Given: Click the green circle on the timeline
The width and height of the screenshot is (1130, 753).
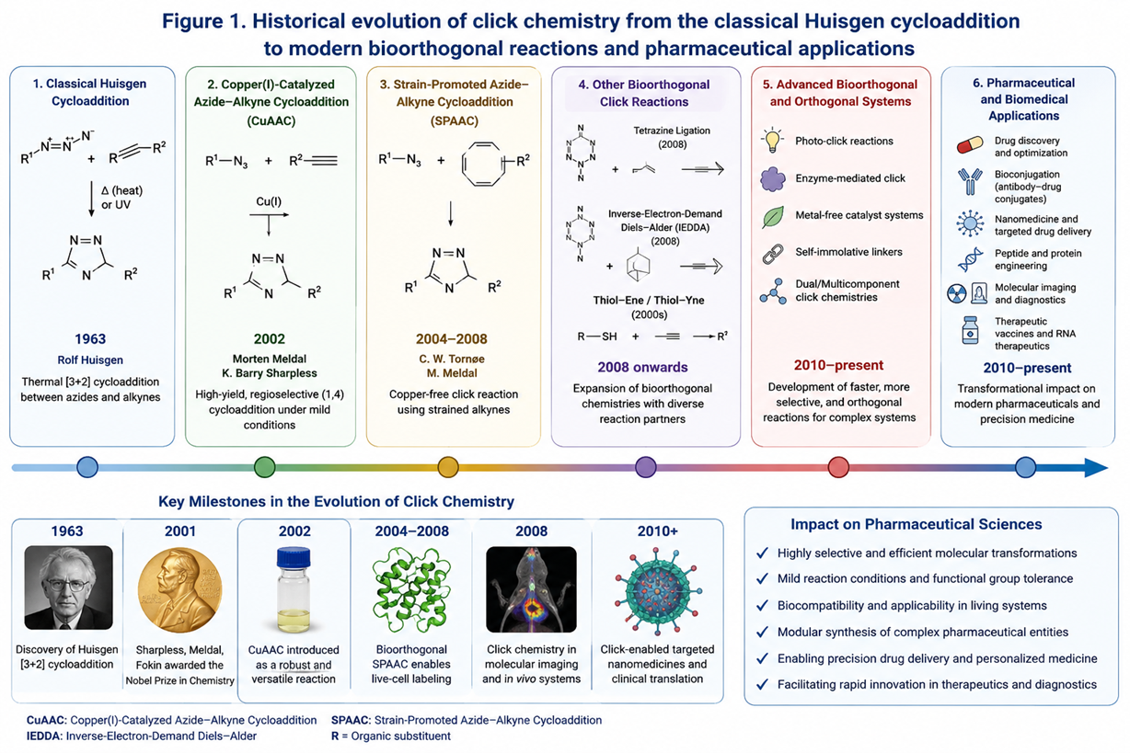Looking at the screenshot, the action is point(264,467).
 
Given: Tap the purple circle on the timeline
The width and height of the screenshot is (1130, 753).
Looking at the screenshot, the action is point(645,467).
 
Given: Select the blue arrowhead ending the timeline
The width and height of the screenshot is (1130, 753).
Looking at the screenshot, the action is point(1096,468).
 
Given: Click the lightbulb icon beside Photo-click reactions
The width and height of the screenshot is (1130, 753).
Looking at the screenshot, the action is point(772,141).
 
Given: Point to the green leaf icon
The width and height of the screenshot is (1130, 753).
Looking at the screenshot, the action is point(773,217).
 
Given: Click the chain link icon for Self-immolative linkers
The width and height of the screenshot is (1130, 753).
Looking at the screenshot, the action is point(772,254).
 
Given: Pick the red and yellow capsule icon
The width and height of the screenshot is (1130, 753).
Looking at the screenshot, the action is point(970,145).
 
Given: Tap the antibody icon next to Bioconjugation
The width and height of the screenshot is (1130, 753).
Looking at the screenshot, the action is point(970,181).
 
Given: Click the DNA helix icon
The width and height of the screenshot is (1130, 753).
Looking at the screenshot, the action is point(971,259).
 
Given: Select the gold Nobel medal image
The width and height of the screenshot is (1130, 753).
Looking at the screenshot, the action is point(179,589).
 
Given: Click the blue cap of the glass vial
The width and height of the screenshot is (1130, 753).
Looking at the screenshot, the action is point(294,557).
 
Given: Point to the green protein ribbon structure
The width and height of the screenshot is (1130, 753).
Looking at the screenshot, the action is point(411,589).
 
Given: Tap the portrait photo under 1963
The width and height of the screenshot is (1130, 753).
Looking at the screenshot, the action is point(68,588).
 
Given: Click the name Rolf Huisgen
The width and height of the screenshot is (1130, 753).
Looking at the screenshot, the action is point(90,359).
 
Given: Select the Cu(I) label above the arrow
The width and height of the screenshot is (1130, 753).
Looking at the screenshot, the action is point(269,201).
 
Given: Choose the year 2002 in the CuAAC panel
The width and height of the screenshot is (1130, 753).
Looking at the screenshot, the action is point(270,338).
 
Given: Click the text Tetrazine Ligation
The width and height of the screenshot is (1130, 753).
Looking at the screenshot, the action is point(672,131).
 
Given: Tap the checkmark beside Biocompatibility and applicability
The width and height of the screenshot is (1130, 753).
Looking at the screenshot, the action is point(762,605).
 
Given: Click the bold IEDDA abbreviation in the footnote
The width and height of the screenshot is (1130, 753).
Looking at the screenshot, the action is point(44,736).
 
